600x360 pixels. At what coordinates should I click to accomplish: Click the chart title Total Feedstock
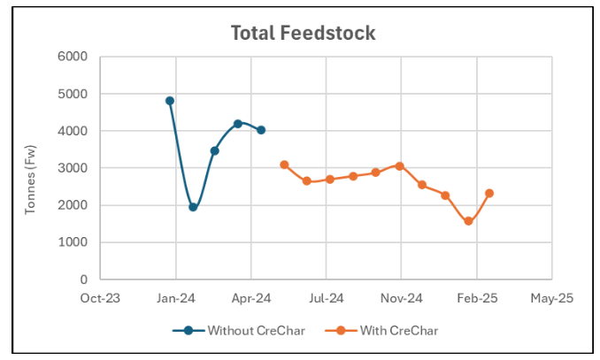coord(303,33)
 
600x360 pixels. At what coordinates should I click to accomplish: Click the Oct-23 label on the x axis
coord(101,298)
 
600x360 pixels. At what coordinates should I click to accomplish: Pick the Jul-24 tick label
coord(327,298)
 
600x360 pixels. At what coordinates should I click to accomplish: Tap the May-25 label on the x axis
coord(552,298)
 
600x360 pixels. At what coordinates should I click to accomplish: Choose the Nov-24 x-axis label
coord(402,298)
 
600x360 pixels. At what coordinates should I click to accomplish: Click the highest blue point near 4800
coord(170,101)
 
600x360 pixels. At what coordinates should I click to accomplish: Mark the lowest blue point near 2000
coord(193,207)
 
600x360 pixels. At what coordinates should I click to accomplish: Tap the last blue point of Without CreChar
coord(261,130)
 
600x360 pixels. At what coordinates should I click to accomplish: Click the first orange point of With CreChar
coord(284,165)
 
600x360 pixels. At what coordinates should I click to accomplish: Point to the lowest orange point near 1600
coord(468,221)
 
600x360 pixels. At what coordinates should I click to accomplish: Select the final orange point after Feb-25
coord(489,193)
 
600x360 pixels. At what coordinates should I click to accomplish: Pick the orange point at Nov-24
coord(400,166)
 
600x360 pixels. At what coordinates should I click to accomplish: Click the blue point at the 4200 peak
coord(238,124)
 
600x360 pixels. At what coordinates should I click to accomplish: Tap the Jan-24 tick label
coord(176,298)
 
